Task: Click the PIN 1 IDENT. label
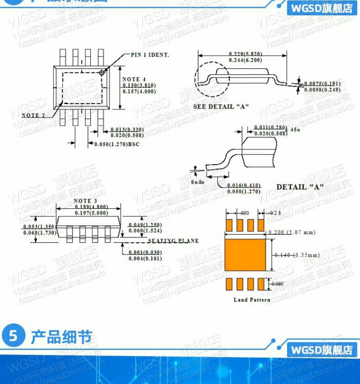click(x=150, y=55)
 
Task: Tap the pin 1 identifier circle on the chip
click(x=102, y=73)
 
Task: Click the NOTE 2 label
click(x=33, y=115)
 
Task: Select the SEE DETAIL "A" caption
click(x=221, y=107)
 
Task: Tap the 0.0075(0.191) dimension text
click(x=322, y=84)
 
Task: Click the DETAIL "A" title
click(x=300, y=186)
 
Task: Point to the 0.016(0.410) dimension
click(x=243, y=185)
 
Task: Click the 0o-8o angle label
click(x=198, y=182)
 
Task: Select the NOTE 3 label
click(x=85, y=201)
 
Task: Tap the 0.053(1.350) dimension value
click(x=39, y=227)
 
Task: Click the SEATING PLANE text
click(x=173, y=241)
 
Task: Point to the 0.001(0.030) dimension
click(x=144, y=252)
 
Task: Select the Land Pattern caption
click(x=252, y=300)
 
